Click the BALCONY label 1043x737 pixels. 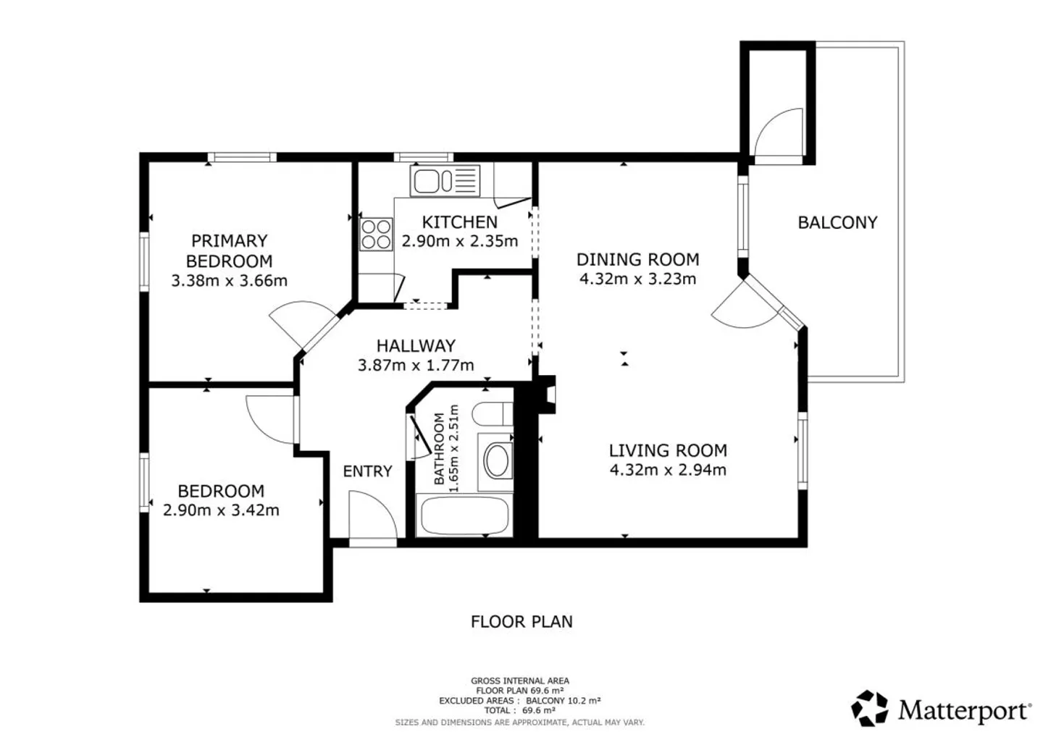coord(837,222)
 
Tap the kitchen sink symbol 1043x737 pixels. coord(445,181)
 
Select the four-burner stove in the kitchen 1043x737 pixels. coord(376,234)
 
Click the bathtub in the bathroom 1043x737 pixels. coord(464,516)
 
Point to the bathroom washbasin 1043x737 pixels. coord(496,461)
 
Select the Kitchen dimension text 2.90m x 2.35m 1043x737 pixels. coord(459,241)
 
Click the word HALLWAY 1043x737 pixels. coord(416,346)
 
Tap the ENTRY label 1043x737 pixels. coord(367,471)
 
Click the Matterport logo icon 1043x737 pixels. coord(869,708)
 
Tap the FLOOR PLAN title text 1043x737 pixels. coord(521,621)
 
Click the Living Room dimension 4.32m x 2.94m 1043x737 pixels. coord(668,470)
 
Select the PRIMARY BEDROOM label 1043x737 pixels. coord(229,250)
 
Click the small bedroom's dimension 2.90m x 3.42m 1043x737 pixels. coord(221,510)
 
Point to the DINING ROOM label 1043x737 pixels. coord(637,259)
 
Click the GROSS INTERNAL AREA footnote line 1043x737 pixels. coord(519,681)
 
